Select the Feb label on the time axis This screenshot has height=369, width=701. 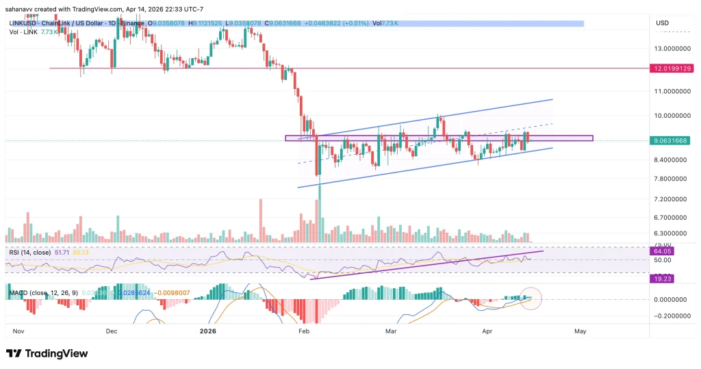click(303, 330)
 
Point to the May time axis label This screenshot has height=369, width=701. click(581, 330)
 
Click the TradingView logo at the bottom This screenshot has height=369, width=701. click(47, 353)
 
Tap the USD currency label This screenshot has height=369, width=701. click(662, 23)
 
